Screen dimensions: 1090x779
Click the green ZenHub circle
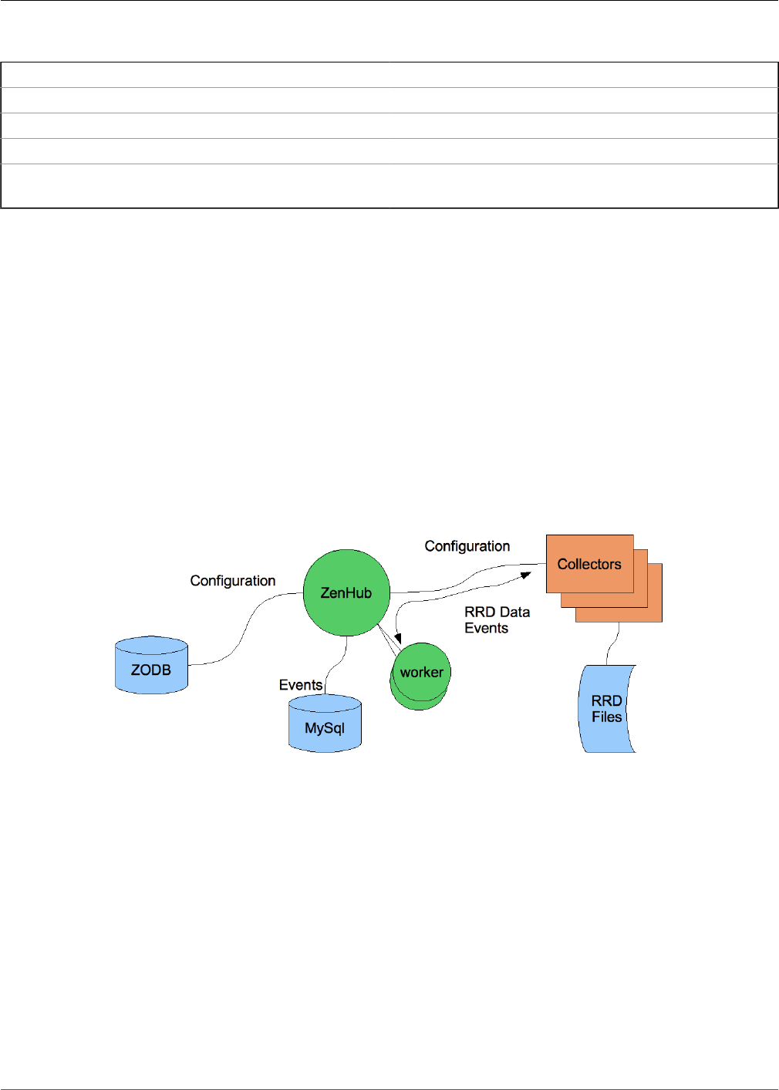(346, 592)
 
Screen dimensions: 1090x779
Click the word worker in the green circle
(421, 672)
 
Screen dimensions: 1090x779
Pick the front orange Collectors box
(589, 564)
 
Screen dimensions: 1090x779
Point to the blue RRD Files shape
(606, 709)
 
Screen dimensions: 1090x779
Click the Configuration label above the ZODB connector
(233, 581)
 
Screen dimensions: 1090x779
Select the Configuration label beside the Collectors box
(467, 546)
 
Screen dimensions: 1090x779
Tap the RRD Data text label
(497, 612)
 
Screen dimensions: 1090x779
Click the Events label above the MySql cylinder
(301, 685)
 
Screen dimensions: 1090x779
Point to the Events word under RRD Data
(486, 628)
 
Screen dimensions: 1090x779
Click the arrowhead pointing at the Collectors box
(526, 575)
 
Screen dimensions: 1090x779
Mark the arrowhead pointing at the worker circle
(398, 639)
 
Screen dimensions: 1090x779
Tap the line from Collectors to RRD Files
(614, 643)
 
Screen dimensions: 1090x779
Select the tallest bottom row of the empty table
(389, 186)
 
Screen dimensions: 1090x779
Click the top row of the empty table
(389, 75)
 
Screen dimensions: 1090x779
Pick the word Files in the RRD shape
(606, 717)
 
